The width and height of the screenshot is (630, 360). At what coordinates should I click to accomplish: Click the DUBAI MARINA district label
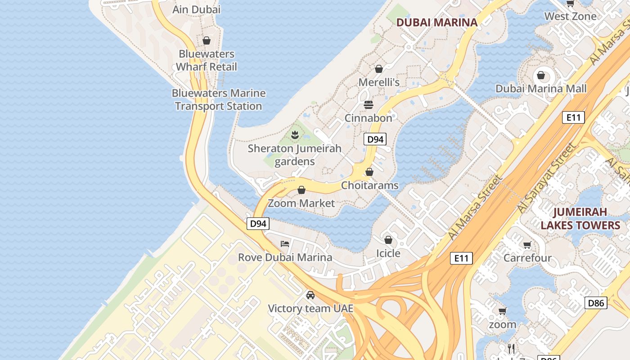tap(436, 22)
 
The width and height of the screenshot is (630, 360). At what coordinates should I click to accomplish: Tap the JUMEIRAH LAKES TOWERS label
tap(580, 218)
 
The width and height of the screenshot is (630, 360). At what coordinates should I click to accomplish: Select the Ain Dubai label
tap(197, 9)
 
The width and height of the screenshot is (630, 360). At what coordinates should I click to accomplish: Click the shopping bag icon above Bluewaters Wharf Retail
tap(207, 41)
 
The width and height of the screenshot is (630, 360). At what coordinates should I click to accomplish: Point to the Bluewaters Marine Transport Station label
tap(219, 99)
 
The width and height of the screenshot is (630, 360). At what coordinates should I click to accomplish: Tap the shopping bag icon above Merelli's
tap(378, 69)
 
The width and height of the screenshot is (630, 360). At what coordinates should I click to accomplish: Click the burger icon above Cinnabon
tap(369, 105)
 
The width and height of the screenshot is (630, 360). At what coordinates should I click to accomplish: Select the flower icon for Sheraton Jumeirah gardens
tap(295, 134)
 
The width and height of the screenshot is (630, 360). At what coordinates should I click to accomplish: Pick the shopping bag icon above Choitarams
tap(369, 172)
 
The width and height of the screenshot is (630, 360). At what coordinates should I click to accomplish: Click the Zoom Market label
tap(301, 203)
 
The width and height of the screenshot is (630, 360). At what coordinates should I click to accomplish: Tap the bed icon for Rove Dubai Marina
tap(285, 244)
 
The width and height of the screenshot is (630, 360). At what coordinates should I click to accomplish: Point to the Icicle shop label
tap(388, 253)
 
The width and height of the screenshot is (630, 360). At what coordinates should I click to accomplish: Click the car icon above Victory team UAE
tap(310, 295)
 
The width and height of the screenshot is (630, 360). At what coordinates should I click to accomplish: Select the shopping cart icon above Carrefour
tap(527, 245)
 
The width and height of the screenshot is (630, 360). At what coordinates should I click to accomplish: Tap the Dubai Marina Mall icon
tap(541, 75)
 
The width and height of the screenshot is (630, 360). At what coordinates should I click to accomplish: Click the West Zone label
tap(570, 16)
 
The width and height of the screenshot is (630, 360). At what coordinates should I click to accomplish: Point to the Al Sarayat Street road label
tap(546, 178)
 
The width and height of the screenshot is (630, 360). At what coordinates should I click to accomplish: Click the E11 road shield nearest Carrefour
tap(461, 258)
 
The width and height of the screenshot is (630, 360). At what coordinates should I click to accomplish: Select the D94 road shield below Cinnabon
tap(375, 139)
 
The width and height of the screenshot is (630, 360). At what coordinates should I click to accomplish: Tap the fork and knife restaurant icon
tap(511, 348)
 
